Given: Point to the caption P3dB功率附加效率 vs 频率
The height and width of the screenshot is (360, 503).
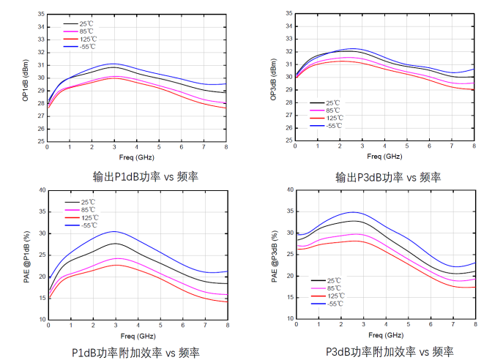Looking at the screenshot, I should [x=389, y=352].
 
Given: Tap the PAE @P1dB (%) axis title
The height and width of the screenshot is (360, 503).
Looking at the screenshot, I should [x=26, y=256].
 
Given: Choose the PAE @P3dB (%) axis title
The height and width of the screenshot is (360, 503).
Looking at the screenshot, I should [x=273, y=257].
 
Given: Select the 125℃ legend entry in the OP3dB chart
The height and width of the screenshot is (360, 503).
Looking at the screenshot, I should [x=333, y=118].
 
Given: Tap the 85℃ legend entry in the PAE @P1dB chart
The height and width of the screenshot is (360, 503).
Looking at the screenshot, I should [x=89, y=210].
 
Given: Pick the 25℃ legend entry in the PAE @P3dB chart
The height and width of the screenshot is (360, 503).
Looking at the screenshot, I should [x=335, y=280].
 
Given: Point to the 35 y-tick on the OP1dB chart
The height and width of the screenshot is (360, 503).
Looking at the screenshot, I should [x=41, y=14].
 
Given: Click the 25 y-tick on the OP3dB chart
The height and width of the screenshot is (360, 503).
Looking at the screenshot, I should [x=288, y=141].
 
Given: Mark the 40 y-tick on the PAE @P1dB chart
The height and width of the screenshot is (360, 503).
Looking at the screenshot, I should [x=42, y=190].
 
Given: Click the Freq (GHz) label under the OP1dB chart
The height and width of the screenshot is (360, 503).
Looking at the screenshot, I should [x=136, y=157].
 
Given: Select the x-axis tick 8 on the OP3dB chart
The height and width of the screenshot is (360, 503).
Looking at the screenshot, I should [x=474, y=148].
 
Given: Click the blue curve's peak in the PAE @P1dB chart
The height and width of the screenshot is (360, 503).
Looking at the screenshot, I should [x=115, y=231].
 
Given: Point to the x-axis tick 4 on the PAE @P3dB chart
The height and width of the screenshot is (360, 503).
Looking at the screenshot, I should [x=384, y=325].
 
